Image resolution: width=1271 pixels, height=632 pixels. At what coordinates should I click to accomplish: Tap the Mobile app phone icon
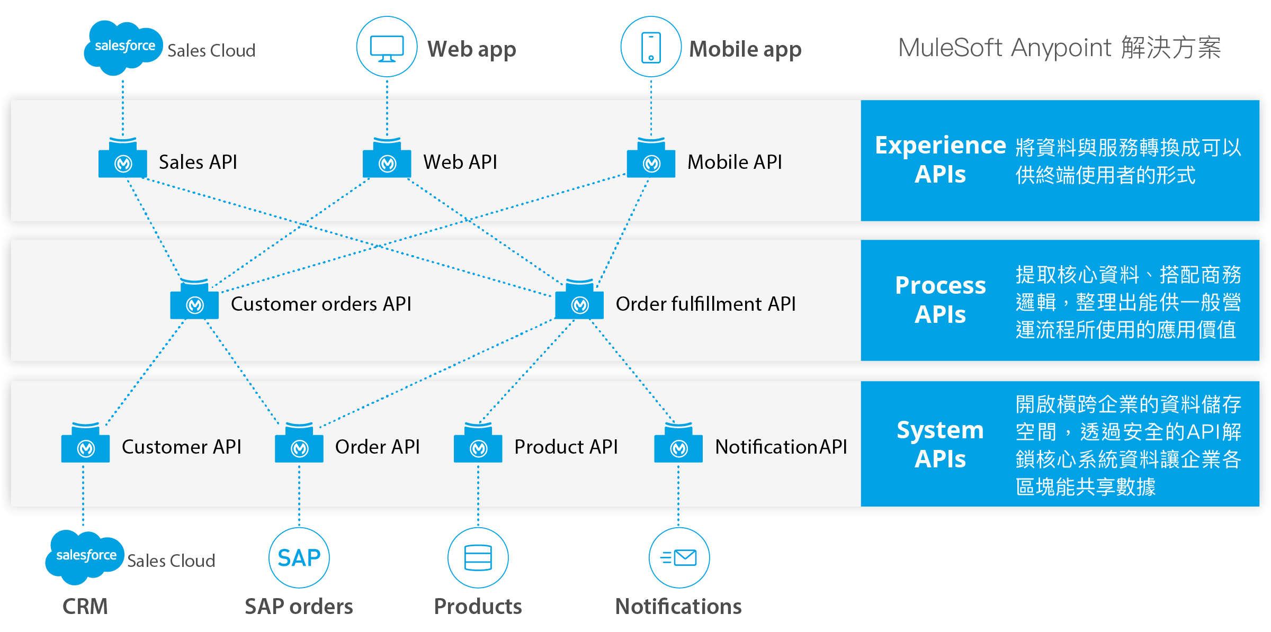coord(651,47)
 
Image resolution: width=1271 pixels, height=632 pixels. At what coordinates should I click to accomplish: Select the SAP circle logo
coord(299,558)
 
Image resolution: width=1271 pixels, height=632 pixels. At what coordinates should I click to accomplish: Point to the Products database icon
coord(478,558)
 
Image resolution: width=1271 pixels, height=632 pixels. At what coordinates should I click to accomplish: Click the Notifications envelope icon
coord(679,558)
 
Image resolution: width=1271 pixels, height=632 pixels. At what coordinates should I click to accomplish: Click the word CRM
coord(85,607)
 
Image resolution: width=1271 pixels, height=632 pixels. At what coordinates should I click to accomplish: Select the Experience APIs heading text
coord(941,160)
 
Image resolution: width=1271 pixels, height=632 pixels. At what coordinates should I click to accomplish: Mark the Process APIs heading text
coord(941,300)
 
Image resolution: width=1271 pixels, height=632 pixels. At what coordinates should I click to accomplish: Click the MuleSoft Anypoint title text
coord(1005,48)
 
